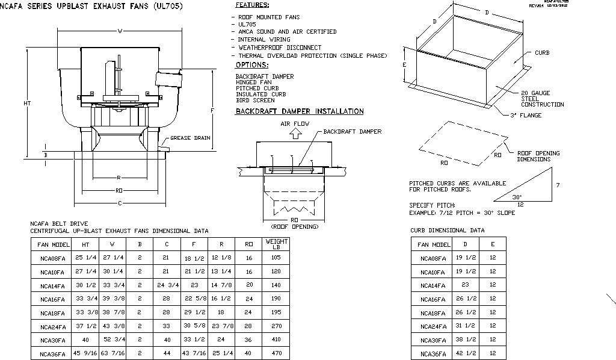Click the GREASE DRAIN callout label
(190, 138)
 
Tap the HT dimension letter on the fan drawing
(27, 103)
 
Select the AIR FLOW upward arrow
(295, 134)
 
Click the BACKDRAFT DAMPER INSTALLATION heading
(300, 111)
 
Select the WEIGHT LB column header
(277, 244)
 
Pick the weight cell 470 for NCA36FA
(276, 354)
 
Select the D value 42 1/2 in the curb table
(465, 354)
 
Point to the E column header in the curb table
(493, 244)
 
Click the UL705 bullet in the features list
(247, 24)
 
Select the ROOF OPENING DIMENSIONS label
(538, 157)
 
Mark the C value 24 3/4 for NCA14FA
(166, 285)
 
